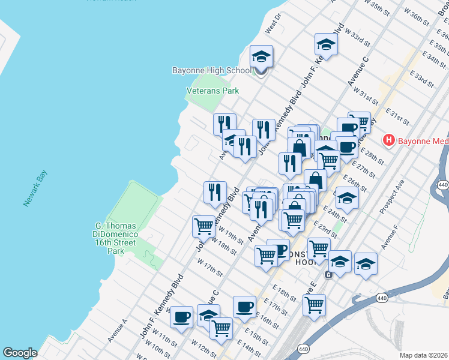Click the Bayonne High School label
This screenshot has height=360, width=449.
[x=211, y=71]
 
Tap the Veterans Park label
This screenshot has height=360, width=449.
[x=212, y=91]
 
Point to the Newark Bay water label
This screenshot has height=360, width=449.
[x=35, y=188]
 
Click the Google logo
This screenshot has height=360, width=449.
[x=20, y=353]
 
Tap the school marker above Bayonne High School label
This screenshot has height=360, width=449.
[x=261, y=58]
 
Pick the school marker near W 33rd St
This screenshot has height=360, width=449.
[x=326, y=45]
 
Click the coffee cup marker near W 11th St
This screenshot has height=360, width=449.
[x=182, y=317]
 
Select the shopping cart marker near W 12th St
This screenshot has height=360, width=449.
[x=221, y=328]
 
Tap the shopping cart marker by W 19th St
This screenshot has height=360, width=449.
[x=203, y=227]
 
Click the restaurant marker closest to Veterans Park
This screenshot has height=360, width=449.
[x=224, y=124]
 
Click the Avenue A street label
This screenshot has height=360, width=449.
[x=117, y=330]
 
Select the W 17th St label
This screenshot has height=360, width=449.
[x=210, y=265]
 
